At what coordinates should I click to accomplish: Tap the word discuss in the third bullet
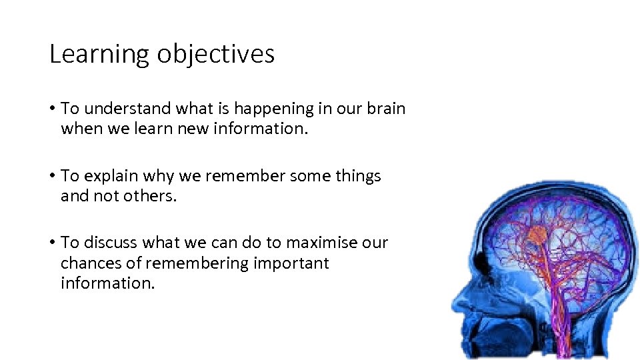pos(111,243)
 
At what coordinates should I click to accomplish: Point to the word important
pos(291,263)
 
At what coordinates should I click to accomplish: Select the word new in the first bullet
pos(192,129)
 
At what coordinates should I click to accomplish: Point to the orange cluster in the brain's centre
pos(537,235)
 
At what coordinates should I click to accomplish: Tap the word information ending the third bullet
pos(107,283)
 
